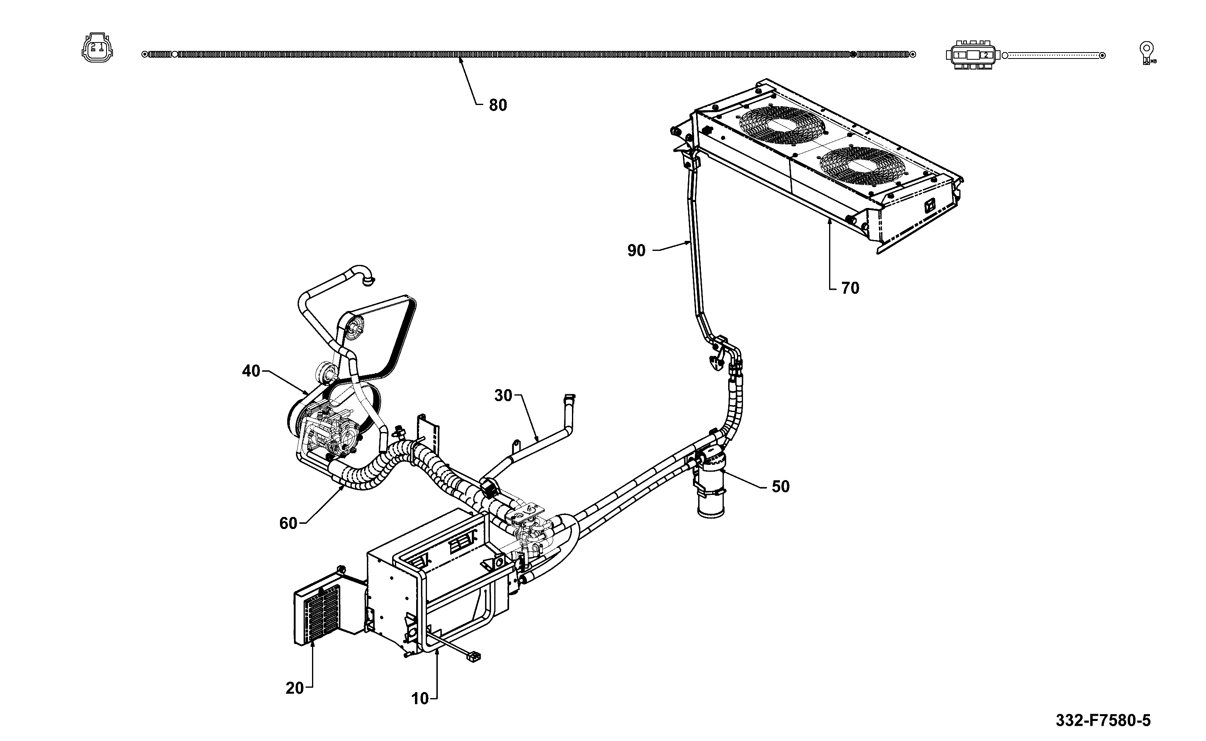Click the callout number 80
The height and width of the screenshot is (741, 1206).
(498, 105)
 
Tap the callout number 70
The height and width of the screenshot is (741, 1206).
(850, 288)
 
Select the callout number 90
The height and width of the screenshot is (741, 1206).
(636, 250)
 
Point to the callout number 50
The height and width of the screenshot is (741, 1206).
(781, 486)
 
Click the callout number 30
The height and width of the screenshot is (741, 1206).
(503, 396)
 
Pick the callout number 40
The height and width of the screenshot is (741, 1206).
(251, 371)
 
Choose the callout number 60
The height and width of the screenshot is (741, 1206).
(288, 523)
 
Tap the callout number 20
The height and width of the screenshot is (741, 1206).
(295, 689)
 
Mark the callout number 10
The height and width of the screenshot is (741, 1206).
(420, 699)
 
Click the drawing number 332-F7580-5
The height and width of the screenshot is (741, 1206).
(1103, 721)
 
